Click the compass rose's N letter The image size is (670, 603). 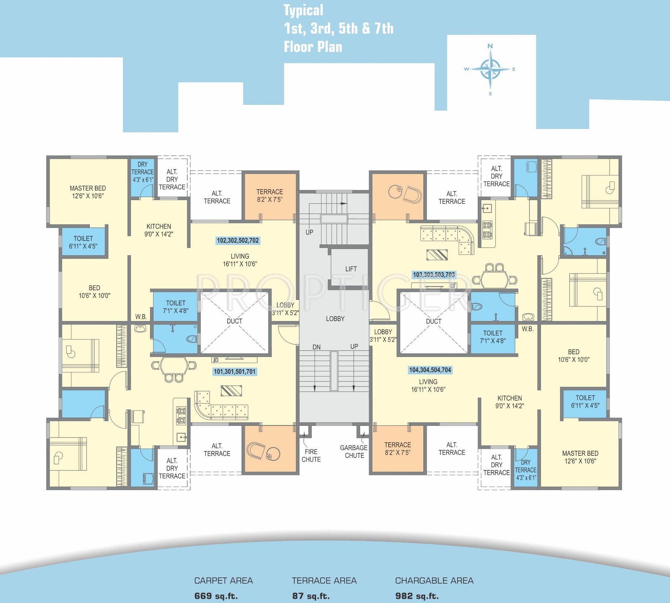coord(490,46)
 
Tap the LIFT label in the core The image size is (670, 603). coord(351,269)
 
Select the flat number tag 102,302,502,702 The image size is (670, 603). coord(238,240)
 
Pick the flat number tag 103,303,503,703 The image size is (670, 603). coord(434,275)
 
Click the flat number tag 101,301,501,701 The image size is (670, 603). coord(235,371)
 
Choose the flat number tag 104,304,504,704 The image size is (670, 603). coord(430,370)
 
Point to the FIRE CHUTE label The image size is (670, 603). coord(311,455)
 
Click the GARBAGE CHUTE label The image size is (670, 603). coord(354,451)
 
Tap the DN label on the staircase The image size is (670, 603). coord(316,347)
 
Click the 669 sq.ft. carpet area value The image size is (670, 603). coord(216,596)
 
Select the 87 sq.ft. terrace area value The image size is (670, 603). coord(311,596)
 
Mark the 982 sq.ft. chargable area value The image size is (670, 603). coord(417,596)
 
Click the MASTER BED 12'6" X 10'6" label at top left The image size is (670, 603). coord(88,192)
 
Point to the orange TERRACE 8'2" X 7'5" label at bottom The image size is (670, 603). coord(397,449)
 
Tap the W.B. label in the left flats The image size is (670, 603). coord(141,317)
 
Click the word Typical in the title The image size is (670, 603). coord(304,11)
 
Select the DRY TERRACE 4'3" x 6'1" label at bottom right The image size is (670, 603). coord(526,470)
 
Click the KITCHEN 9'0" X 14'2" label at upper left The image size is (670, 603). coord(159,230)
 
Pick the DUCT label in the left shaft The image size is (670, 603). coord(234,321)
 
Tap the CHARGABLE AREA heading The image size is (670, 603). coord(434,580)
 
